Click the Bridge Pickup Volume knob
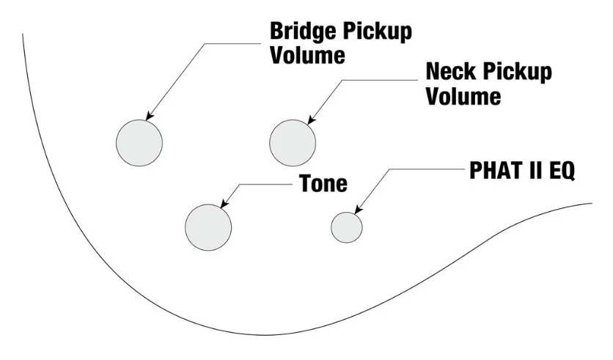click(139, 143)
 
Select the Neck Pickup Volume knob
click(293, 143)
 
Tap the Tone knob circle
click(208, 227)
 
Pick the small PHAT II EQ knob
click(347, 227)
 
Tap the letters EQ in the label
click(562, 170)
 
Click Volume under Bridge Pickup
click(308, 55)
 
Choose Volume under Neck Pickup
click(463, 96)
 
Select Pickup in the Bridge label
click(378, 32)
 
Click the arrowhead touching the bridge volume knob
click(149, 117)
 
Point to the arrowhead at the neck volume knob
click(311, 120)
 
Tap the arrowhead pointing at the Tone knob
click(224, 204)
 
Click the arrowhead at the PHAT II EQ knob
click(358, 210)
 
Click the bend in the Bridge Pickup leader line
click(205, 43)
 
